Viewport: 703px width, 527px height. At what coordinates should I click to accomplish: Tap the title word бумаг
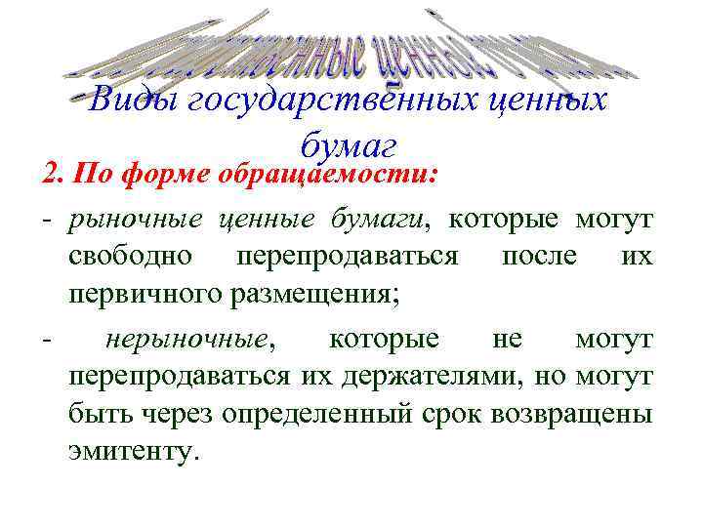coord(348,146)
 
